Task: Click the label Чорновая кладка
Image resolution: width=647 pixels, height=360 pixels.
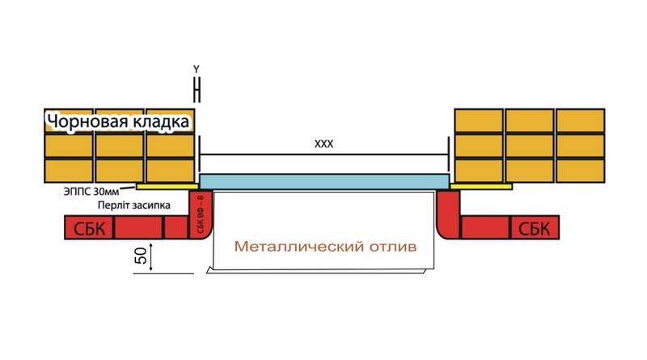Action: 118,122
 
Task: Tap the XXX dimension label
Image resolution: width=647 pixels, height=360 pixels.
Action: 324,144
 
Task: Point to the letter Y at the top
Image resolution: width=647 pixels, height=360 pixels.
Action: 197,70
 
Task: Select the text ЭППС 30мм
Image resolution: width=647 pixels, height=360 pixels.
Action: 91,192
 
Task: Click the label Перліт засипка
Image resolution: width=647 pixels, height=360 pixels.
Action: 134,205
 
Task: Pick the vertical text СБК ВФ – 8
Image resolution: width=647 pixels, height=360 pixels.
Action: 201,214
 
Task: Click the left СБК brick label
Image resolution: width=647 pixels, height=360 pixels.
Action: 89,228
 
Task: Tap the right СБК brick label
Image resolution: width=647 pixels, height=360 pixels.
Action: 534,228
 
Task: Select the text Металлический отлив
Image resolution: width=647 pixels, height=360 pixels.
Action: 326,247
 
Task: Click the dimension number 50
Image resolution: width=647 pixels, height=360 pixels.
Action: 141,256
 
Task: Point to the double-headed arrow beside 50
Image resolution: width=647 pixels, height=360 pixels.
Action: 151,257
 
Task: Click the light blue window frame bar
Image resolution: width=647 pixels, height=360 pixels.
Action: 324,182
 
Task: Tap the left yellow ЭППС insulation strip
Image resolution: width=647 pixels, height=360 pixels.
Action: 167,187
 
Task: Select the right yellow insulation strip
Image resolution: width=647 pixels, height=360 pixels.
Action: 481,187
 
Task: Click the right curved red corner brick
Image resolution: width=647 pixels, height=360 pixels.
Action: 448,214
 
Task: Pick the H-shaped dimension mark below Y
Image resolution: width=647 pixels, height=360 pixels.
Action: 197,89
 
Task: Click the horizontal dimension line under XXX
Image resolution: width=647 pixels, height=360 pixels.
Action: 324,155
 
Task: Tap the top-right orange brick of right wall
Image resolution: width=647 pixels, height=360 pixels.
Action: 580,121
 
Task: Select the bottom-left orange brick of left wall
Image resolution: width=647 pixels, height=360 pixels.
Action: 69,171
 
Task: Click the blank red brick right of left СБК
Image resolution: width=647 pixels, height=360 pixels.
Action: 138,227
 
